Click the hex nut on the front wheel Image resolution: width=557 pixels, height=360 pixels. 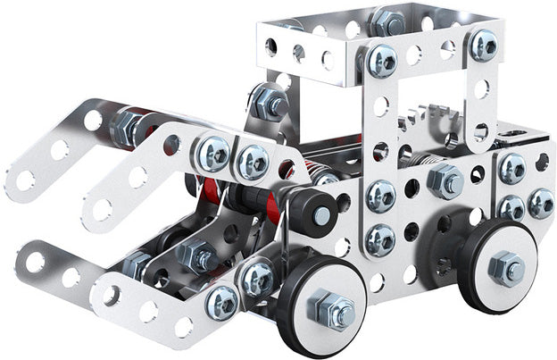[331, 310]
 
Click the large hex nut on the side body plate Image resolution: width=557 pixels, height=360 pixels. [444, 180]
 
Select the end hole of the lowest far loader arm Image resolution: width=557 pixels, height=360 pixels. [33, 261]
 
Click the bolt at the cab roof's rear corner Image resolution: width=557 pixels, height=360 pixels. [484, 45]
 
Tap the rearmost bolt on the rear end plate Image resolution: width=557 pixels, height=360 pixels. [539, 203]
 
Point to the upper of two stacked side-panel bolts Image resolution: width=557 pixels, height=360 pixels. [380, 196]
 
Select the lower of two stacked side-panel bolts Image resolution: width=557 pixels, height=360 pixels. [380, 238]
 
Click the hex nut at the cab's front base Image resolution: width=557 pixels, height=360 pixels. [270, 104]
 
